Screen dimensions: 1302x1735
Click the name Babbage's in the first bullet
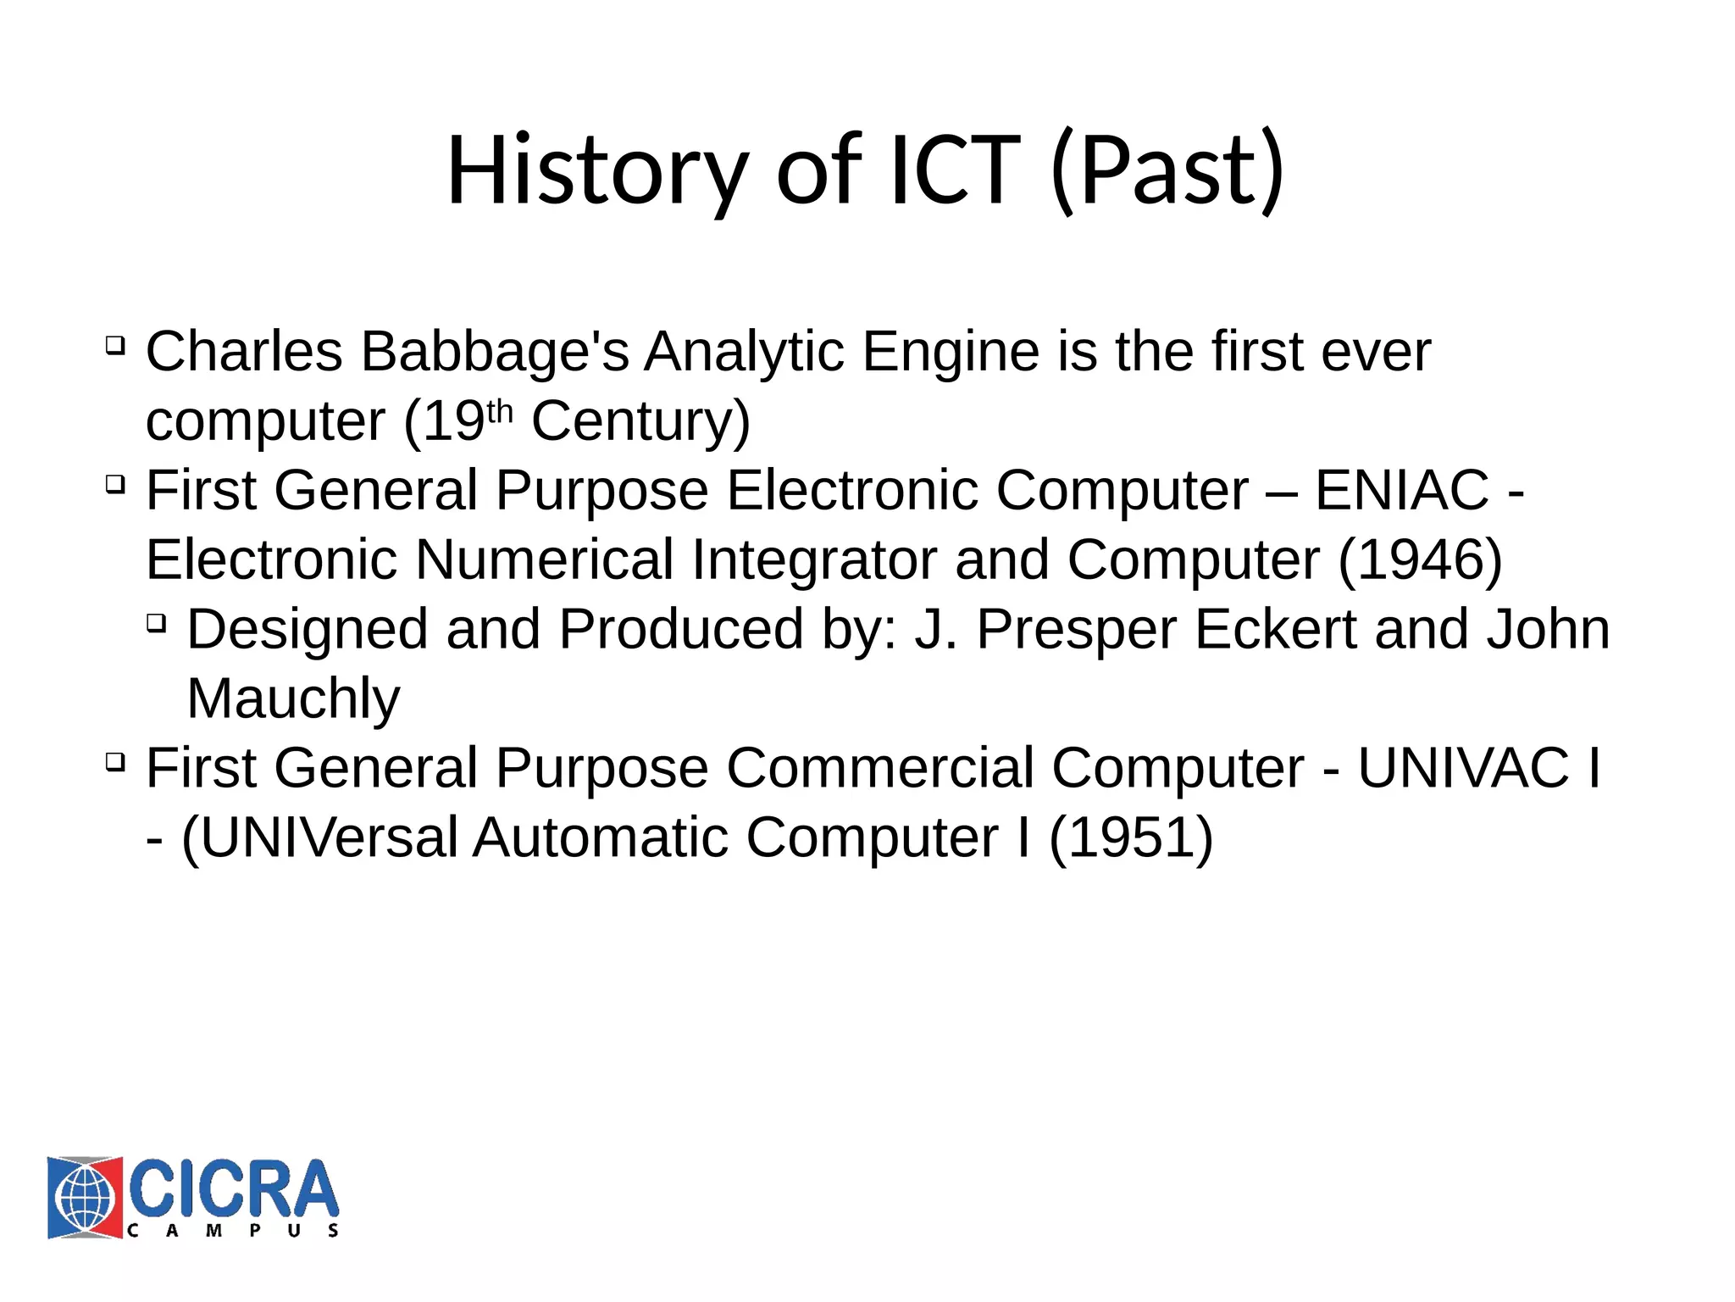point(495,352)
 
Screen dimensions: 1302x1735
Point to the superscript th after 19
point(500,410)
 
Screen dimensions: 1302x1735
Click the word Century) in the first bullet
point(640,421)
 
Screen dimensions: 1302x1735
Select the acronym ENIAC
point(1401,490)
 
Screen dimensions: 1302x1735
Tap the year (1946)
point(1420,560)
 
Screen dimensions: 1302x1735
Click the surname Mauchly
point(293,699)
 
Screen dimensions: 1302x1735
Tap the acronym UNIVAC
point(1464,769)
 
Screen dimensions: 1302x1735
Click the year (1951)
point(1131,838)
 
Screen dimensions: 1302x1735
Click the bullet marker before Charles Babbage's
point(116,345)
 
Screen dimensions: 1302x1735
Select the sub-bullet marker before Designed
point(157,623)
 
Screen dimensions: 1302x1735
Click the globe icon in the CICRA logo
point(85,1198)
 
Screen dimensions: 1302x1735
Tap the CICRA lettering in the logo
point(234,1188)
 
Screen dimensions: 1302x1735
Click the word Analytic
point(745,352)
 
